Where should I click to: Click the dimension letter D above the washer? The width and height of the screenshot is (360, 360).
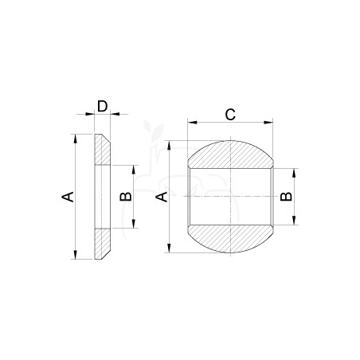pyautogui.click(x=102, y=107)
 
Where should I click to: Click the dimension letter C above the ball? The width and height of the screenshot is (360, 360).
pyautogui.click(x=230, y=115)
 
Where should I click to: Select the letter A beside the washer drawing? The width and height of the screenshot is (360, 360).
pyautogui.click(x=68, y=197)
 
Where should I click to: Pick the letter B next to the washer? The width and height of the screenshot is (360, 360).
pyautogui.click(x=126, y=196)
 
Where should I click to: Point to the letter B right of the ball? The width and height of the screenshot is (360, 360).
pyautogui.click(x=286, y=196)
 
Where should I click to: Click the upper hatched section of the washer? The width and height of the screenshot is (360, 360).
pyautogui.click(x=102, y=150)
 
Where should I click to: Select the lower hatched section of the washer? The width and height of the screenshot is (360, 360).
pyautogui.click(x=102, y=243)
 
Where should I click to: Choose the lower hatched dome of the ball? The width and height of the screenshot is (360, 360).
pyautogui.click(x=230, y=238)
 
